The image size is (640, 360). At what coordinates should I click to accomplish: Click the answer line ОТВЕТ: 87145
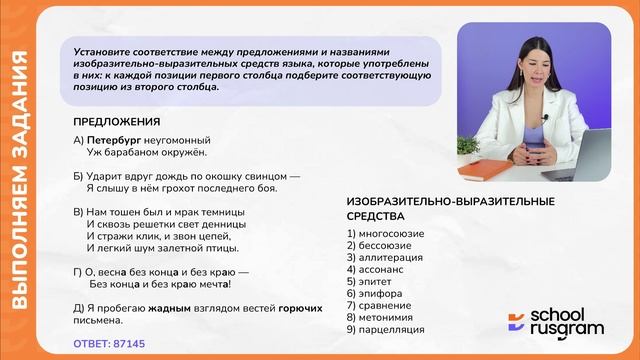109,343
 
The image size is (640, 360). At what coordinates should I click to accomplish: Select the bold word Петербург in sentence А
117,140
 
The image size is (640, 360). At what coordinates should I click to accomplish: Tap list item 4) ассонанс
375,269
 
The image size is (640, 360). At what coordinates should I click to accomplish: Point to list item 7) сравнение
380,305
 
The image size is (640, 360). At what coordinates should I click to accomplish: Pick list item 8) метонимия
384,317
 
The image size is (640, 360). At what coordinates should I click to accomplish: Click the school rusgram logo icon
516,322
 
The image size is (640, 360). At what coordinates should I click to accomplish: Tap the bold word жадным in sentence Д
170,309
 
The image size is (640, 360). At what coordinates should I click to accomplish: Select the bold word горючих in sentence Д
300,309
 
